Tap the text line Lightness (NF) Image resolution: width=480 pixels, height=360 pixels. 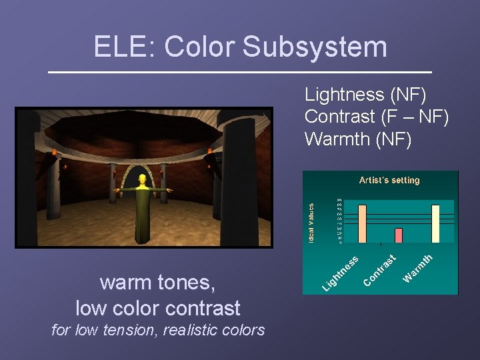tap(365, 95)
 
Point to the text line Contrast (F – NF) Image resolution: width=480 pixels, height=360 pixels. tap(376, 117)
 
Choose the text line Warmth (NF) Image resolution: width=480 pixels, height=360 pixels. tap(358, 139)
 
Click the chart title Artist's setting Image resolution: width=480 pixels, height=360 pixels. tap(389, 180)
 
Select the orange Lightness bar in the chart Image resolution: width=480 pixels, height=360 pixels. tap(362, 223)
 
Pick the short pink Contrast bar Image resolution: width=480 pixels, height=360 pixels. tap(399, 235)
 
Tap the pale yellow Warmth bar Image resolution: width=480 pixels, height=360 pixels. tap(435, 223)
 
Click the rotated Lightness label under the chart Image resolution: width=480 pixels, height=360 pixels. tap(341, 273)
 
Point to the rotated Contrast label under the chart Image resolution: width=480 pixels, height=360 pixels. tap(381, 271)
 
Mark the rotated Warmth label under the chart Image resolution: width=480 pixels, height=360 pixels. tap(419, 267)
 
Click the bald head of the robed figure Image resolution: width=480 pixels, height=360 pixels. tap(141, 179)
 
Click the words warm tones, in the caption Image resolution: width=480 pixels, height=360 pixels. tap(157, 283)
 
